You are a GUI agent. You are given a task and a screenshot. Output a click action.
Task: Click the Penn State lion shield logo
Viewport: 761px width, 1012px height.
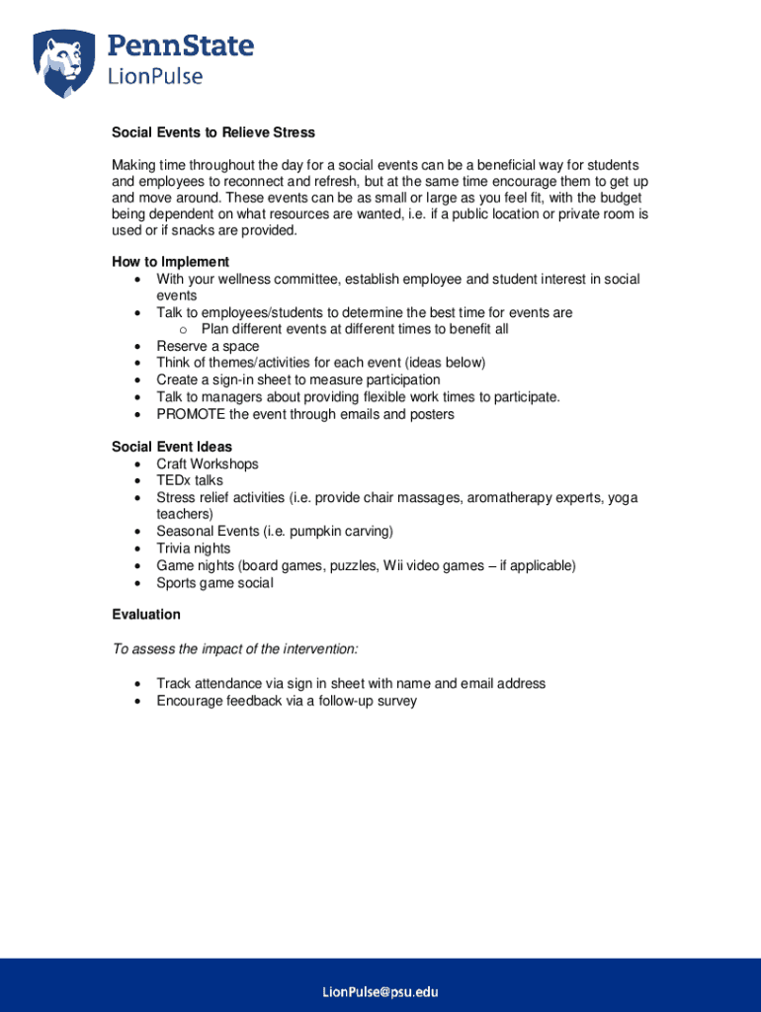[x=66, y=62]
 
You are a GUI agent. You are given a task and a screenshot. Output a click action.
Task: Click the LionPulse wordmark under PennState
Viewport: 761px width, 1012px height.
[x=155, y=76]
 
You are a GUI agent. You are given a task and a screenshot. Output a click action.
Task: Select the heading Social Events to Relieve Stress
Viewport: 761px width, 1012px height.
[x=212, y=132]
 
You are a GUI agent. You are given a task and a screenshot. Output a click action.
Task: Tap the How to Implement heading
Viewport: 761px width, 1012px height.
[x=170, y=262]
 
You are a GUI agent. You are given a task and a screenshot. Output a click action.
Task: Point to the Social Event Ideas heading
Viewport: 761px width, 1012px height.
[x=172, y=447]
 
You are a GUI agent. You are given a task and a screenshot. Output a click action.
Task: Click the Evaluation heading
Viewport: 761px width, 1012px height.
[x=146, y=615]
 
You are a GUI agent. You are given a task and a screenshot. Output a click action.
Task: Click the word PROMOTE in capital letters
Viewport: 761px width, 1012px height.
[x=191, y=414]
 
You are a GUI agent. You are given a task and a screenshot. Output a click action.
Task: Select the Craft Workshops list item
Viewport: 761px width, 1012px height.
[x=207, y=464]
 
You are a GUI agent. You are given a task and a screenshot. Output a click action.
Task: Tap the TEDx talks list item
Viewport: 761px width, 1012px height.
[x=190, y=480]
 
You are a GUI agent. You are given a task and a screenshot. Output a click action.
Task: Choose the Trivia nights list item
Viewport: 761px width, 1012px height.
[x=194, y=548]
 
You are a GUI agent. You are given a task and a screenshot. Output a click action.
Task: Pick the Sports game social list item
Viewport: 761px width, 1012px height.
[x=214, y=583]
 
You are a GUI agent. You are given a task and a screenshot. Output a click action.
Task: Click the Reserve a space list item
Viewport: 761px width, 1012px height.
[x=208, y=347]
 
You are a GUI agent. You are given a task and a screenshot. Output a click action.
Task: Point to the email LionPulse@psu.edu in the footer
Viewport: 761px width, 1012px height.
[x=380, y=991]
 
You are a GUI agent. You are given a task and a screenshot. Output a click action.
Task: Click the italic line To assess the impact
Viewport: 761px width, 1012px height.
[x=235, y=649]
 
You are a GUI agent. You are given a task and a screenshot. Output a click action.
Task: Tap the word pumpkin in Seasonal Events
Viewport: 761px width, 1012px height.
[x=310, y=532]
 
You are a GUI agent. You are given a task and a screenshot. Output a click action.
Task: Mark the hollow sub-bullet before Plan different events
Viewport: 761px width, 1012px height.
[x=184, y=330]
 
